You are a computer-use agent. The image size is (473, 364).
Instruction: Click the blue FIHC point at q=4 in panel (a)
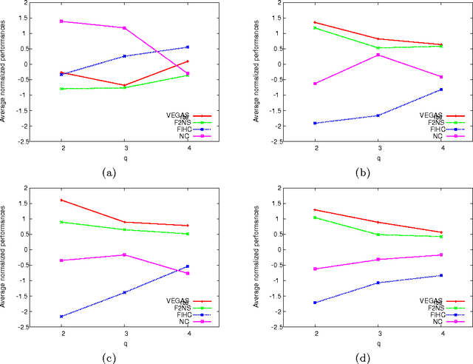187,47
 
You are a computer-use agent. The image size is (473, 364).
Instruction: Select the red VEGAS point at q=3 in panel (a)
124,85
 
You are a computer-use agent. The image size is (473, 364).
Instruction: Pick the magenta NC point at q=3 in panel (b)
378,55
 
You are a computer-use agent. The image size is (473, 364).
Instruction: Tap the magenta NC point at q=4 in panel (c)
187,273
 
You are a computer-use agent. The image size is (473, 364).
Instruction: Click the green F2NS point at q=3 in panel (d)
378,235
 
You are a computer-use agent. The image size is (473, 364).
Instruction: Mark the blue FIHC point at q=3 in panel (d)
378,283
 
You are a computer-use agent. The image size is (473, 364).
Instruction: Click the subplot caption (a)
108,172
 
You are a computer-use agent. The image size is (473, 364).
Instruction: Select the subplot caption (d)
362,358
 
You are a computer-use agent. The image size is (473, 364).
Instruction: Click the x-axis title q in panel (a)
124,158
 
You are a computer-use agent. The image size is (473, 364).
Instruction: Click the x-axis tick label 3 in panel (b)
378,148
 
